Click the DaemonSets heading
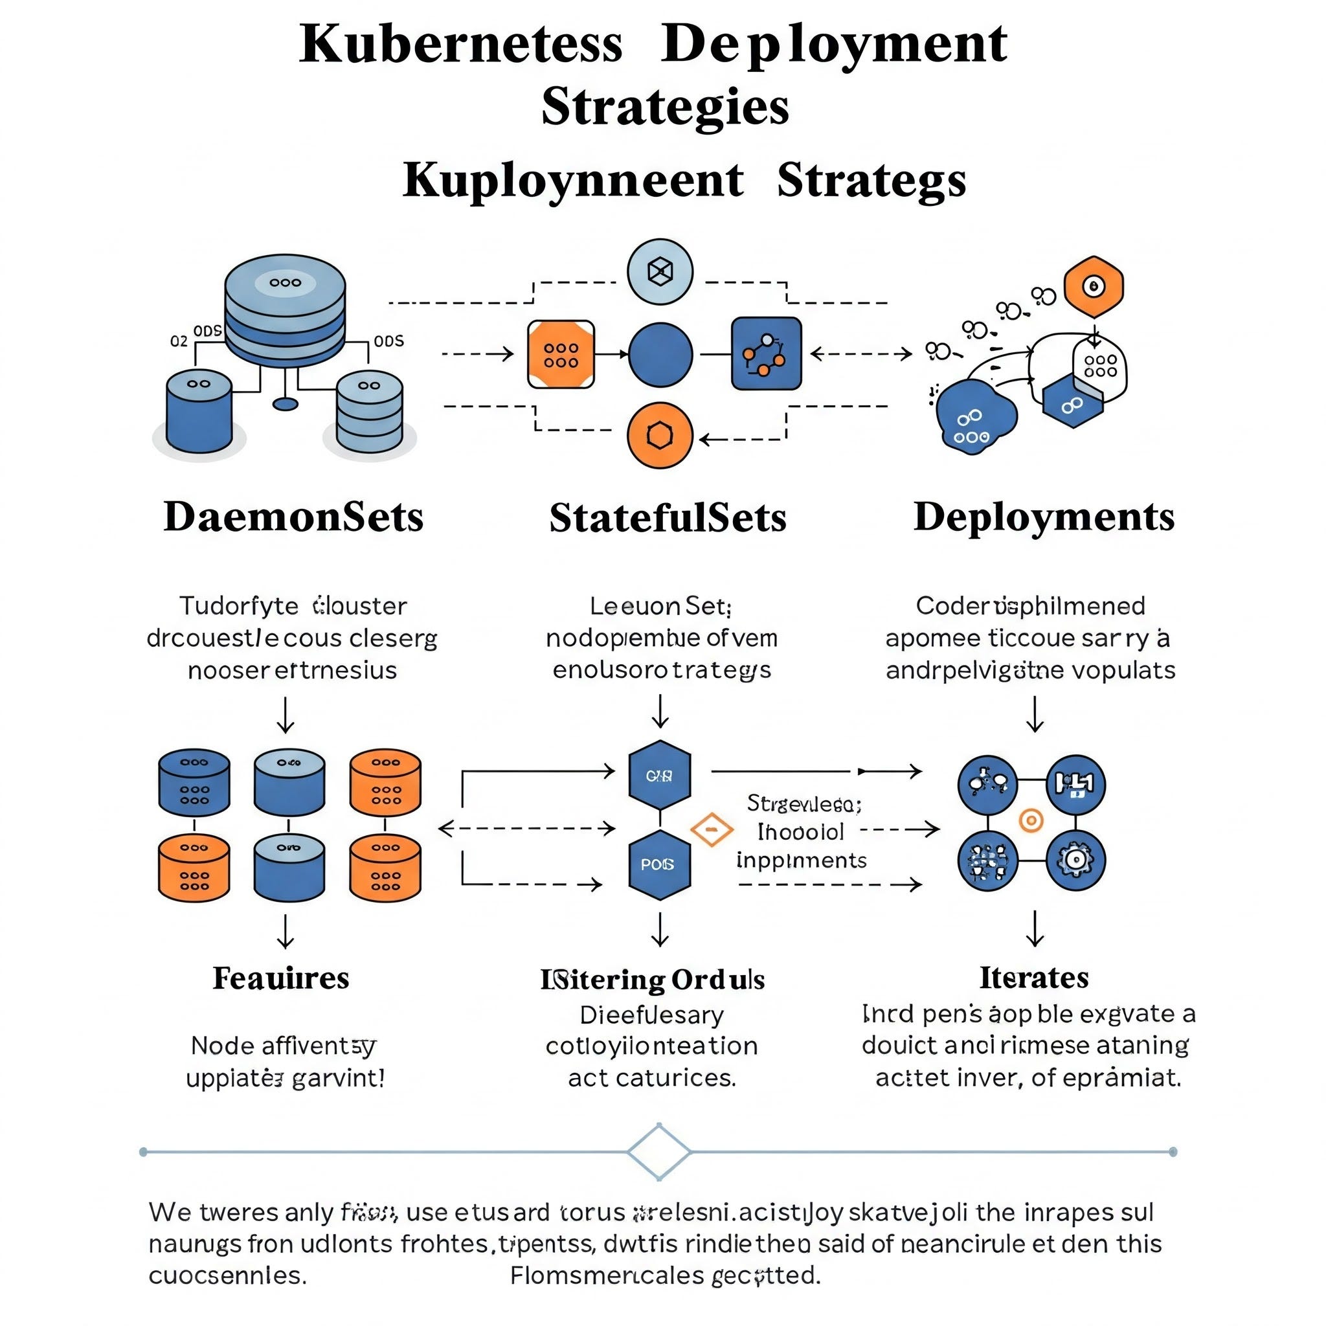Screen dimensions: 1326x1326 (293, 517)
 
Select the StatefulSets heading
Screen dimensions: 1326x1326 (667, 517)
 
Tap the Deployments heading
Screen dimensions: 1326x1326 (1043, 517)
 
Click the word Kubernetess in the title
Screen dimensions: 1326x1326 (460, 44)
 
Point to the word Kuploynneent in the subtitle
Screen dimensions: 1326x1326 (573, 180)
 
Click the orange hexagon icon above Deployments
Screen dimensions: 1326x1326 (1094, 286)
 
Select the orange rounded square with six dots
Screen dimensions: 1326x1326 (561, 354)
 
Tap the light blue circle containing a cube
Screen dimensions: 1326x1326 (660, 271)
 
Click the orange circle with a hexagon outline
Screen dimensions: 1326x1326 (660, 435)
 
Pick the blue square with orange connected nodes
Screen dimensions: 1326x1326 (766, 354)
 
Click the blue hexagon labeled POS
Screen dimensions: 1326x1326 (659, 864)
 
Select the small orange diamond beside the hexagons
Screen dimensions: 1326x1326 (712, 829)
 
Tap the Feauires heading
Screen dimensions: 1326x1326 (281, 978)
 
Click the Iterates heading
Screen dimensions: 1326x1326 (1033, 977)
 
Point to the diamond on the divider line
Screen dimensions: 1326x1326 (659, 1152)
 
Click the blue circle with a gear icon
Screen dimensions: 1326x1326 (1075, 859)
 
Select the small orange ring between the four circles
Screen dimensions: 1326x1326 (1031, 820)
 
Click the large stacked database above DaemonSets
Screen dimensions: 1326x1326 (285, 309)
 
